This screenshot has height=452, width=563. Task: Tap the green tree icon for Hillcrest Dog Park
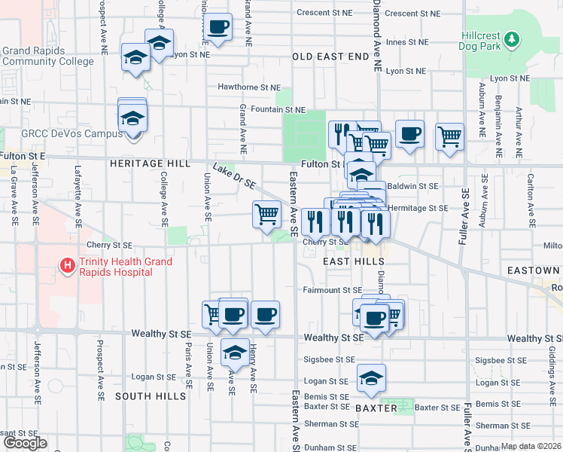512,38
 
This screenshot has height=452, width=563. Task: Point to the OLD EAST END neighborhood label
331,56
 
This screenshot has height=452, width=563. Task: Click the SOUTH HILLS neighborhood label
151,396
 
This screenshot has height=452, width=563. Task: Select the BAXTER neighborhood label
376,407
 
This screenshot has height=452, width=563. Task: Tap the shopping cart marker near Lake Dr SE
267,214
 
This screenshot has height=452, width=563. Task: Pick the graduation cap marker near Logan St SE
371,379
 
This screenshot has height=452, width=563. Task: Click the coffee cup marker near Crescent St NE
218,26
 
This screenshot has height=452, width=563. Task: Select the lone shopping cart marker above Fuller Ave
449,136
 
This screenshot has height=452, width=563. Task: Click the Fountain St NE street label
278,109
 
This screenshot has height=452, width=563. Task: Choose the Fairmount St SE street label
333,289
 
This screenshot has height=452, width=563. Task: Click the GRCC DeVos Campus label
72,133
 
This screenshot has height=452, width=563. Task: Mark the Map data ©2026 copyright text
531,446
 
